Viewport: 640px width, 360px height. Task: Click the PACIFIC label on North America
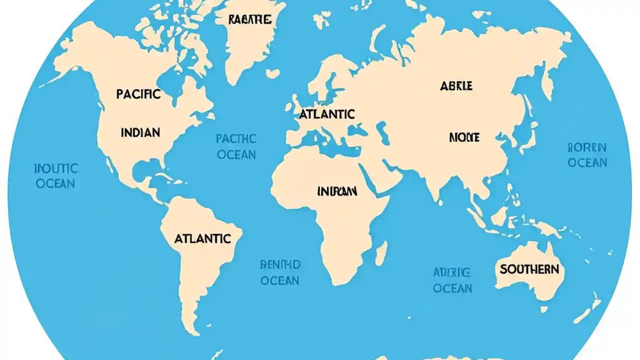point(138,93)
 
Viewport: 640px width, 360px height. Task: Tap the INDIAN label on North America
point(140,132)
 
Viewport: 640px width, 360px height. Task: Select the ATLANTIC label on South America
point(202,239)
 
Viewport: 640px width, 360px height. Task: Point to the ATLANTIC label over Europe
point(327,114)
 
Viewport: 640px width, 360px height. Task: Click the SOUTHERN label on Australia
point(529,269)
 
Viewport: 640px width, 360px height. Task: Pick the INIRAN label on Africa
point(337,191)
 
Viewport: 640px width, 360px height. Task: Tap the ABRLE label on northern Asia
point(456,86)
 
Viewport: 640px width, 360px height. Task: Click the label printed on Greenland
point(249,20)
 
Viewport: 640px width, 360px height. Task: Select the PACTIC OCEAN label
point(236,146)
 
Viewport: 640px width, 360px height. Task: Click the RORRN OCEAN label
point(587,155)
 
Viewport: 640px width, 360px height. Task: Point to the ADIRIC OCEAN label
point(452,280)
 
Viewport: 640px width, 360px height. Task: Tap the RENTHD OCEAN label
point(280,272)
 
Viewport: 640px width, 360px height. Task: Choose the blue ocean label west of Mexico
point(55,175)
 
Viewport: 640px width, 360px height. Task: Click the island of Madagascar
point(381,253)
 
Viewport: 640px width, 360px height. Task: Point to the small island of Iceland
point(272,73)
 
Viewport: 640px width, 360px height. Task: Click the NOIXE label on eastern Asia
point(464,137)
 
